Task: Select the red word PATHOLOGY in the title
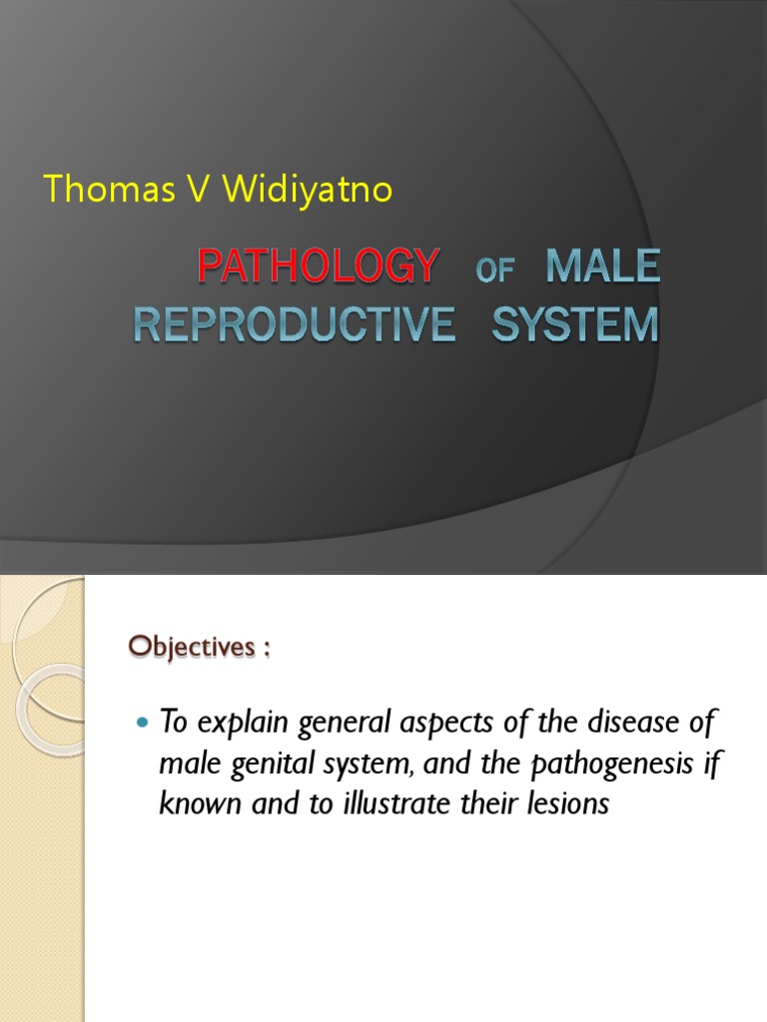click(x=318, y=267)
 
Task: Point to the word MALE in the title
click(x=602, y=267)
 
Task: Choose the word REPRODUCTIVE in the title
click(x=295, y=326)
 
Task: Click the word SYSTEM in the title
click(x=575, y=326)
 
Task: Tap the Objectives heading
click(x=199, y=647)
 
